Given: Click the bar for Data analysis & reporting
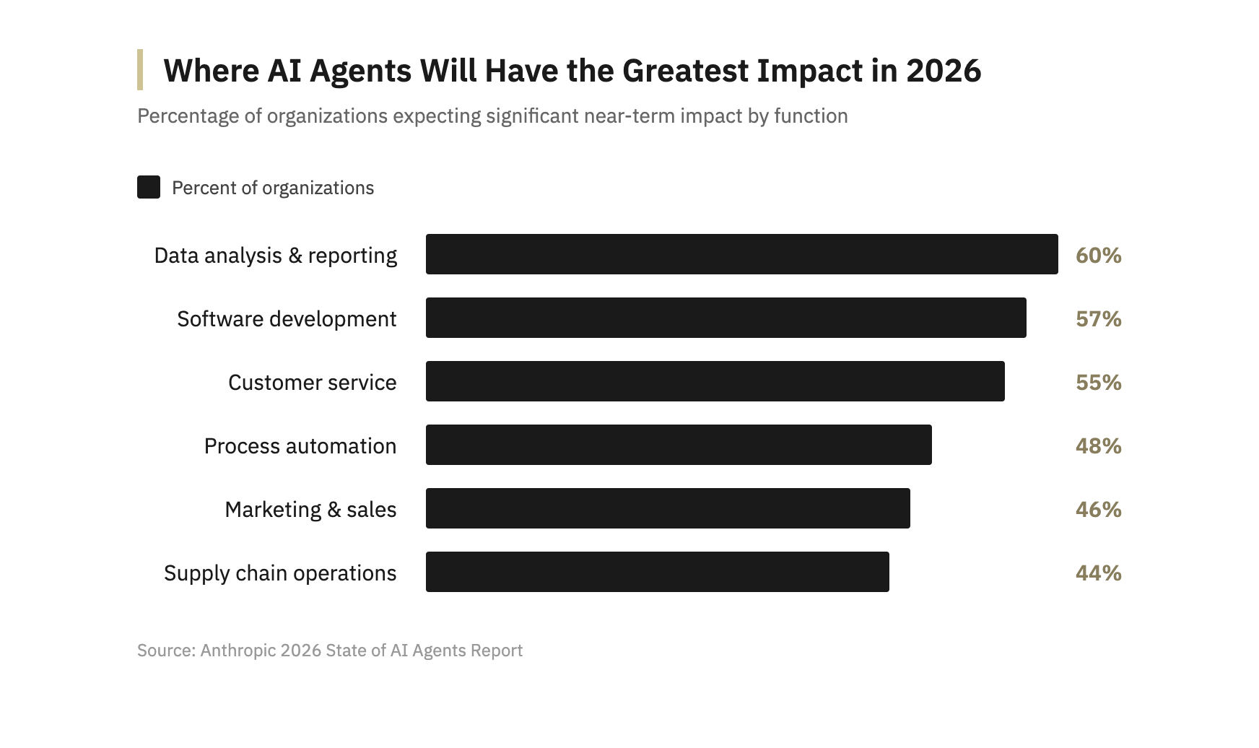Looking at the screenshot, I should click(741, 254).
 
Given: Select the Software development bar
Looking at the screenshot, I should click(726, 318).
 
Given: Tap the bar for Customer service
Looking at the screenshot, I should click(715, 381).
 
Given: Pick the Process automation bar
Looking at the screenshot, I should click(679, 445).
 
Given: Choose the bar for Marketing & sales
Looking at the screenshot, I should click(668, 508).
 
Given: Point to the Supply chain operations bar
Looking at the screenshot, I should click(657, 572).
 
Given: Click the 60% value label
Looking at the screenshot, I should click(1098, 255).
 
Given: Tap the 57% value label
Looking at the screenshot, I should click(1098, 318).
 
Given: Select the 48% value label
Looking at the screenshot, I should click(1098, 445).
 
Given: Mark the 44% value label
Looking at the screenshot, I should click(1098, 573).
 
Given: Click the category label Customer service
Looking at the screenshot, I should click(312, 382).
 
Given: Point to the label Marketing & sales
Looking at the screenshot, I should click(310, 509).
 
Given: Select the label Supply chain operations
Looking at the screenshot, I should click(280, 573).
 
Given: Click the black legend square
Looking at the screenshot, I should click(149, 187).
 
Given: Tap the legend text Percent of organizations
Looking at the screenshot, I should click(273, 188).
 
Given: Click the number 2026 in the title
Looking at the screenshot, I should click(944, 71).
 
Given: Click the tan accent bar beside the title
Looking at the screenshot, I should click(140, 69).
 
